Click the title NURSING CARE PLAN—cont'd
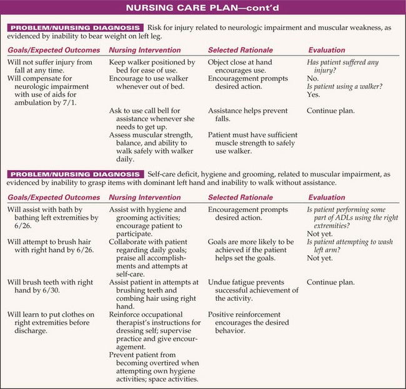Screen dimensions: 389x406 203,9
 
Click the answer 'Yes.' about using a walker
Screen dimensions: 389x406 314,95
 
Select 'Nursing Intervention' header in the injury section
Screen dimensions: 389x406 142,51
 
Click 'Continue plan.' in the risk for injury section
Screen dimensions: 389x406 331,111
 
